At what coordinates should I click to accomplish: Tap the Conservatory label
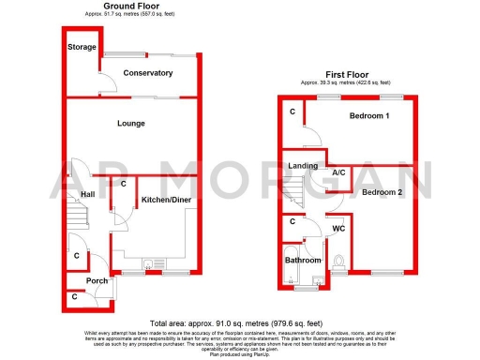click(148, 73)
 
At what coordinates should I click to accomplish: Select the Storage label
click(82, 46)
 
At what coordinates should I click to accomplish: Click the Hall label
click(88, 194)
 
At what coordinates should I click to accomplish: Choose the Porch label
click(97, 280)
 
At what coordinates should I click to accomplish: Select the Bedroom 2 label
click(382, 191)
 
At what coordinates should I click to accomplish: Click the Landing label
click(302, 167)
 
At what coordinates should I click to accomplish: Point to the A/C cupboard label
click(340, 172)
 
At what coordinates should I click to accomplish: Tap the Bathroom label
click(304, 260)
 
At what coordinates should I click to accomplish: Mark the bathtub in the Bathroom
click(292, 275)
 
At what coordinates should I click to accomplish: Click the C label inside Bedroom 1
click(292, 112)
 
